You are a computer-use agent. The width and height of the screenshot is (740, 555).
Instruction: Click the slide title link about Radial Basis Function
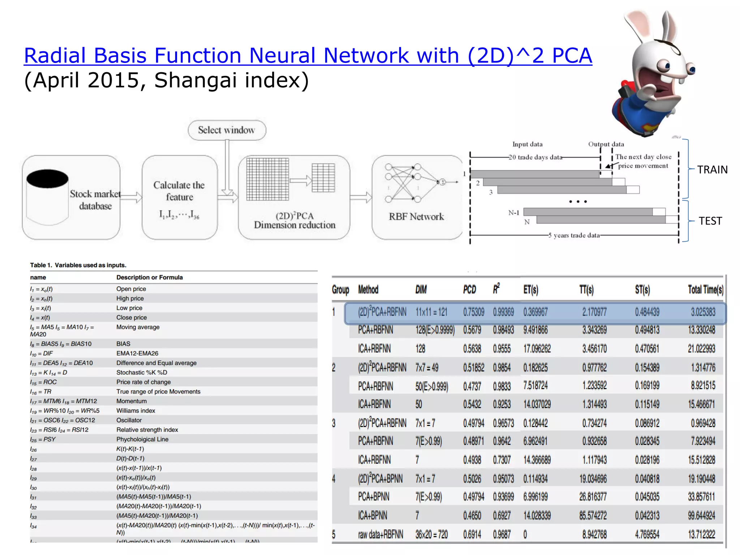tap(307, 56)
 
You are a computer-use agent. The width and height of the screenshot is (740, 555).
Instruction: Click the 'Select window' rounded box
tap(227, 130)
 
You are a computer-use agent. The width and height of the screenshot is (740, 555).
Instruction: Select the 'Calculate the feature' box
tap(179, 197)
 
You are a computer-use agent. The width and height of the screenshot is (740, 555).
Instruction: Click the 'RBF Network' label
tap(416, 216)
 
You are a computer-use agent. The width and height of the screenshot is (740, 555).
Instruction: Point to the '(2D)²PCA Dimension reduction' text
tap(294, 220)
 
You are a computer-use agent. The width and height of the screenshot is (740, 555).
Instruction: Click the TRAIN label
tap(712, 169)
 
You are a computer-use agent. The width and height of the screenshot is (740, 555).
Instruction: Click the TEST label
tap(710, 221)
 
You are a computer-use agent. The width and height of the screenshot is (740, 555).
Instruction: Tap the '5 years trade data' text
tap(574, 235)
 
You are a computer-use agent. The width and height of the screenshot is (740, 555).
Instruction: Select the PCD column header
tap(469, 289)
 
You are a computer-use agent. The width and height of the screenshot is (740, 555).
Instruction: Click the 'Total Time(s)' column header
tap(705, 289)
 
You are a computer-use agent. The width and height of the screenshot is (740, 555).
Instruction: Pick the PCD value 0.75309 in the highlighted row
tap(473, 312)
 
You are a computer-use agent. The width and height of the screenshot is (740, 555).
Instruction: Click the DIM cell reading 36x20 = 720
tap(431, 534)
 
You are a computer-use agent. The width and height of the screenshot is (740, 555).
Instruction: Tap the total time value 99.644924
tap(701, 516)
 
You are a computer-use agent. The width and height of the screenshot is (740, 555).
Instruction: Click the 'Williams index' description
tap(135, 411)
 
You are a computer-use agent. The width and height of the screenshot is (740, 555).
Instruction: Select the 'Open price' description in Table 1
tap(131, 289)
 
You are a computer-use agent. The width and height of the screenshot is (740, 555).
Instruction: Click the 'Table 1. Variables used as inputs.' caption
tap(78, 265)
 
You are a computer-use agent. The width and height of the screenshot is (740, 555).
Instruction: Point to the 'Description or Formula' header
tap(149, 277)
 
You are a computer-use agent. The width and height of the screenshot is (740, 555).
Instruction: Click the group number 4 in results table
tap(334, 479)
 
